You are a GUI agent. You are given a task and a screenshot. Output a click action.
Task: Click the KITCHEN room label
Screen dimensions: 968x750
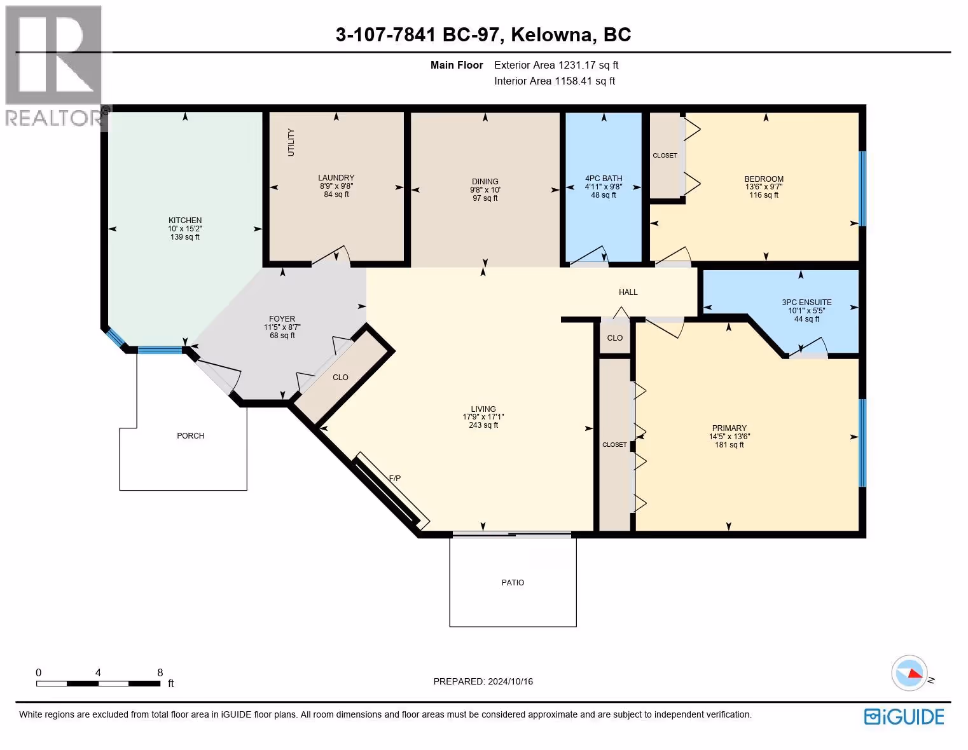tap(185, 221)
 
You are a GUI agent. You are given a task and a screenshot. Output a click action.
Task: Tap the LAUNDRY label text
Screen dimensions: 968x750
tap(336, 177)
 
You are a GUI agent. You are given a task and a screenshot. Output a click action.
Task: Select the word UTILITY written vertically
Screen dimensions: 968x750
tap(291, 142)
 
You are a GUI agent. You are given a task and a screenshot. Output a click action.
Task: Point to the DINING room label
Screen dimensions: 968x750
tap(485, 182)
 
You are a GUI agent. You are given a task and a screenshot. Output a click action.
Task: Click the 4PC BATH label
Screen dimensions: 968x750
tap(604, 179)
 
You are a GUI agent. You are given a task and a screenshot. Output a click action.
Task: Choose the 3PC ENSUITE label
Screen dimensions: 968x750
tap(806, 303)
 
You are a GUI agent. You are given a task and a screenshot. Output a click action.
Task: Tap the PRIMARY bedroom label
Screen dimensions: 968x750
tap(729, 428)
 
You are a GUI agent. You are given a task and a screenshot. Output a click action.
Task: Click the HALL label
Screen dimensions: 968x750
tap(628, 292)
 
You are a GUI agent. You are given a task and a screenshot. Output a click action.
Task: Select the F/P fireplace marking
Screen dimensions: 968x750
tap(395, 479)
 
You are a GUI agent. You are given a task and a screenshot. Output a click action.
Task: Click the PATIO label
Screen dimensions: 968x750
tap(513, 583)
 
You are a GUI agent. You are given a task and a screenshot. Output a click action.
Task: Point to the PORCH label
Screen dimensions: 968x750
tap(191, 436)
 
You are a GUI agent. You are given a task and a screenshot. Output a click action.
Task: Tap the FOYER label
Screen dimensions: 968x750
tap(282, 318)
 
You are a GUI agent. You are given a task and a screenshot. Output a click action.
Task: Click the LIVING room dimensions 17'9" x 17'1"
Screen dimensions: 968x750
tap(483, 417)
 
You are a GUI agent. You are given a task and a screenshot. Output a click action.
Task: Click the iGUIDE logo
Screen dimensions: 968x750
tap(904, 716)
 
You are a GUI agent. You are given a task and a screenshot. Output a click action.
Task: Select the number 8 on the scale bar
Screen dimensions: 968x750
tap(160, 672)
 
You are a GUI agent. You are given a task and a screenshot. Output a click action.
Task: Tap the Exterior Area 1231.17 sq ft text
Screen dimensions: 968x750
tap(557, 65)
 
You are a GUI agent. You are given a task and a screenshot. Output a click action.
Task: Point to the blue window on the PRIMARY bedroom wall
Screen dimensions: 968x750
tap(862, 443)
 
